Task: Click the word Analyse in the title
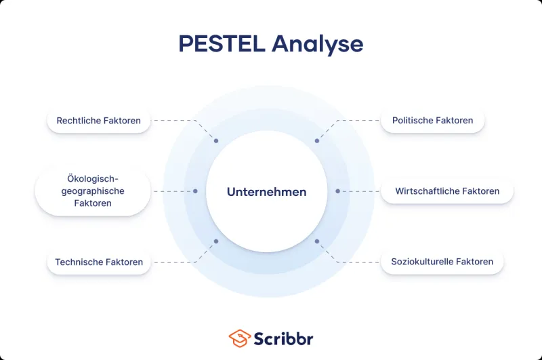pos(318,44)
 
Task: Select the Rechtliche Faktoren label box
pos(99,121)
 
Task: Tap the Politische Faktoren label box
pos(432,121)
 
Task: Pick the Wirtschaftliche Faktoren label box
pos(447,191)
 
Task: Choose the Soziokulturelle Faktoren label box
pos(442,262)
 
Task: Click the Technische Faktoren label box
pos(99,262)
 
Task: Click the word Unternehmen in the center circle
pos(266,192)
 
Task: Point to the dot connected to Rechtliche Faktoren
pos(216,141)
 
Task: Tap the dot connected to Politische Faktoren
pos(316,141)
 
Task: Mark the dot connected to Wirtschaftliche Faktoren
pos(337,191)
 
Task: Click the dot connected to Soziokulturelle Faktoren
pos(316,241)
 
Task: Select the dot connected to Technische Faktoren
pos(216,241)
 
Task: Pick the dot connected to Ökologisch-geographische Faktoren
pos(195,191)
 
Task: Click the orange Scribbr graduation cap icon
pos(240,338)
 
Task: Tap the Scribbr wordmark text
pos(283,338)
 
